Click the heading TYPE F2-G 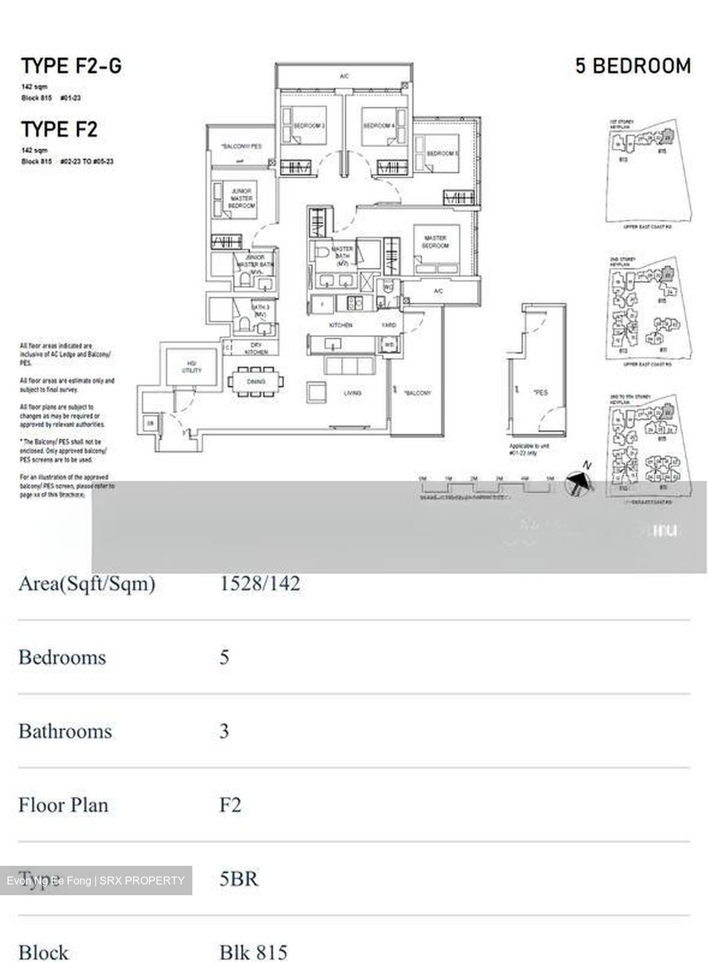tap(71, 65)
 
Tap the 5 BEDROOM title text tap(633, 65)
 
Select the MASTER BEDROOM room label tap(435, 241)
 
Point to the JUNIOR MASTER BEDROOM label tap(241, 199)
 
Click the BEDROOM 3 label tap(309, 126)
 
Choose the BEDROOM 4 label tap(378, 126)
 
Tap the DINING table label tap(255, 382)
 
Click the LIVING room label tap(352, 393)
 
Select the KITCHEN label tap(340, 325)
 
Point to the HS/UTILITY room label tap(192, 367)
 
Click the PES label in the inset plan tap(541, 392)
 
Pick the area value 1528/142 tap(260, 583)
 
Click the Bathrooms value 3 tap(224, 731)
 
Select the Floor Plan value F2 tap(230, 804)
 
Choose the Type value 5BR tap(238, 878)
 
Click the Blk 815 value tap(253, 951)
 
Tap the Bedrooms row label tap(62, 657)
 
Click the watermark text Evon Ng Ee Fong tap(49, 880)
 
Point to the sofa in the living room tap(348, 365)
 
